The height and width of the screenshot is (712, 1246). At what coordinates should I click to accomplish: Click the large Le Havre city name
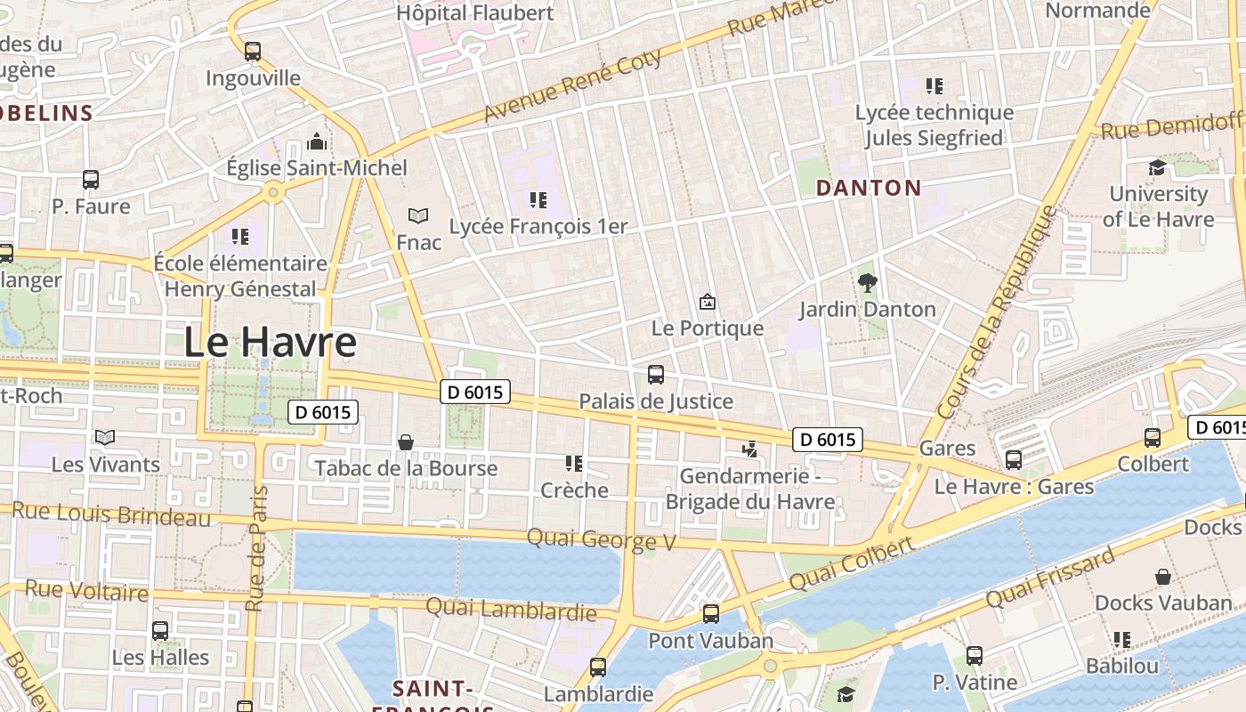click(270, 343)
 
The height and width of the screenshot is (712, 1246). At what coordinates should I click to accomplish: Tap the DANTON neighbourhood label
click(868, 188)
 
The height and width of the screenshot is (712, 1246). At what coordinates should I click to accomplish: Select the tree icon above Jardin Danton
click(867, 284)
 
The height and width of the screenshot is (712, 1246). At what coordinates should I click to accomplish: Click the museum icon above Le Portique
click(707, 303)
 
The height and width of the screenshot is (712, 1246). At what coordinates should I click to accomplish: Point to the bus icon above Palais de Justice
click(656, 375)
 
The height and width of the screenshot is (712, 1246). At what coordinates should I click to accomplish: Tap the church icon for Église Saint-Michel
click(316, 142)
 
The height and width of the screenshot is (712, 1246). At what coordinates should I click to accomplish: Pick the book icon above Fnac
click(417, 216)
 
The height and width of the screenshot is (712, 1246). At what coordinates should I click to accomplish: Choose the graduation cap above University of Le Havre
click(1156, 167)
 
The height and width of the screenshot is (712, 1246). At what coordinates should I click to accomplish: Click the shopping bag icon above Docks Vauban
click(1162, 577)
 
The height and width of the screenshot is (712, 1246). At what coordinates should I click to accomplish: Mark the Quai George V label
click(602, 539)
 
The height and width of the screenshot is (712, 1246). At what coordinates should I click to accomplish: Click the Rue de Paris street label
click(256, 548)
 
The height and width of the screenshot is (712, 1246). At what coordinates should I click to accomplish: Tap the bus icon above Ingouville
click(253, 52)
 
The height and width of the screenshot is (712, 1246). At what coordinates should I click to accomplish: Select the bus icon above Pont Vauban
click(710, 614)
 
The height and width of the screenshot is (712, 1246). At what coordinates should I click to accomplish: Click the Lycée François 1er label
click(538, 226)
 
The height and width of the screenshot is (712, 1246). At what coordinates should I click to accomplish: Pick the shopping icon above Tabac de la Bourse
click(406, 442)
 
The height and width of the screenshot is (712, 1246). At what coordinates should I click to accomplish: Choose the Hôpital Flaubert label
click(474, 12)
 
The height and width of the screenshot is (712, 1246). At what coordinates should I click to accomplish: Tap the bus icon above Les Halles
click(160, 631)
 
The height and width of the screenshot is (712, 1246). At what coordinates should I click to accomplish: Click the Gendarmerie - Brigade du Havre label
click(750, 489)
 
